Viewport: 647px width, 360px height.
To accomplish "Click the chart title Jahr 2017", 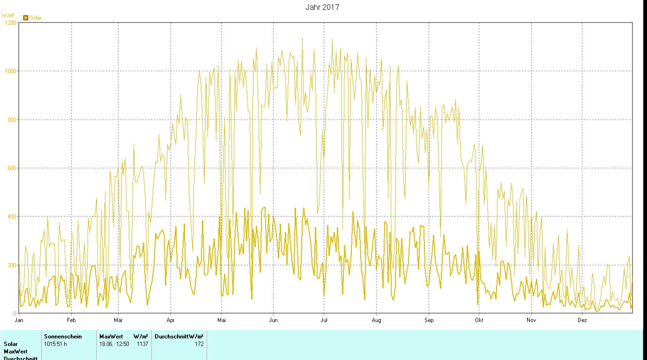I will (x=322, y=7).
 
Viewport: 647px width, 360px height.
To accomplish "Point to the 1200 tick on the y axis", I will (x=10, y=22).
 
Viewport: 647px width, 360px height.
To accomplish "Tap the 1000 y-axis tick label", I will (x=10, y=71).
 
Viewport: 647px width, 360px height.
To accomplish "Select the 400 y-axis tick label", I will (x=11, y=217).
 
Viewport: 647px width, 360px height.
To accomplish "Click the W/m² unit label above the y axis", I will (x=8, y=15).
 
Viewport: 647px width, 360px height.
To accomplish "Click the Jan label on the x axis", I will (x=19, y=320).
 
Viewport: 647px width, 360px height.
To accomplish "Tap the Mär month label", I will (x=118, y=320).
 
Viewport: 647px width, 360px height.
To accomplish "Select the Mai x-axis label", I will (x=222, y=320).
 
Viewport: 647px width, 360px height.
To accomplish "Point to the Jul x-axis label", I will (x=323, y=320).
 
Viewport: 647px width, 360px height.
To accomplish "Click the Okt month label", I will (x=479, y=320).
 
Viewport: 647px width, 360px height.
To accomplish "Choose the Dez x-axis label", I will (x=582, y=320).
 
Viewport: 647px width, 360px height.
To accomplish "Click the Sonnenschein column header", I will (x=63, y=337).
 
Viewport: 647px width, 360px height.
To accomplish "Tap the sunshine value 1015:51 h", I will (x=56, y=344).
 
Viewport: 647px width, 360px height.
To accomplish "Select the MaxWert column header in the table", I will (x=111, y=337).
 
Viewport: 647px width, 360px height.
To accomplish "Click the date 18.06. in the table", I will (x=106, y=344).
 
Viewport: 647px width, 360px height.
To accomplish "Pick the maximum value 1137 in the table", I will (x=142, y=344).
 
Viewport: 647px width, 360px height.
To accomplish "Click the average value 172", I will (x=199, y=344).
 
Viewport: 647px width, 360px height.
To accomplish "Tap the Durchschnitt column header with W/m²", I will (x=179, y=337).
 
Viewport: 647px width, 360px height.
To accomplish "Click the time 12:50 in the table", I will (x=122, y=344).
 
